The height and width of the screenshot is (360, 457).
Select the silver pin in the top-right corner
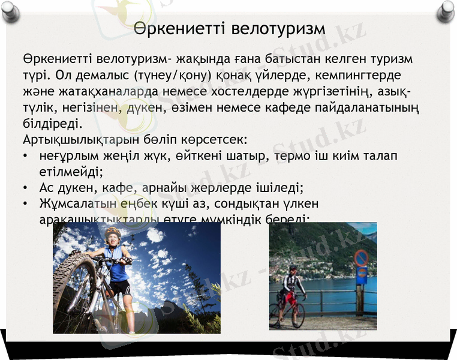pyautogui.click(x=445, y=10)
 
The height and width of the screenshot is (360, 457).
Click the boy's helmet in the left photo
pyautogui.click(x=113, y=231)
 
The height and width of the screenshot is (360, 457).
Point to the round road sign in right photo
pyautogui.click(x=360, y=259)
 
